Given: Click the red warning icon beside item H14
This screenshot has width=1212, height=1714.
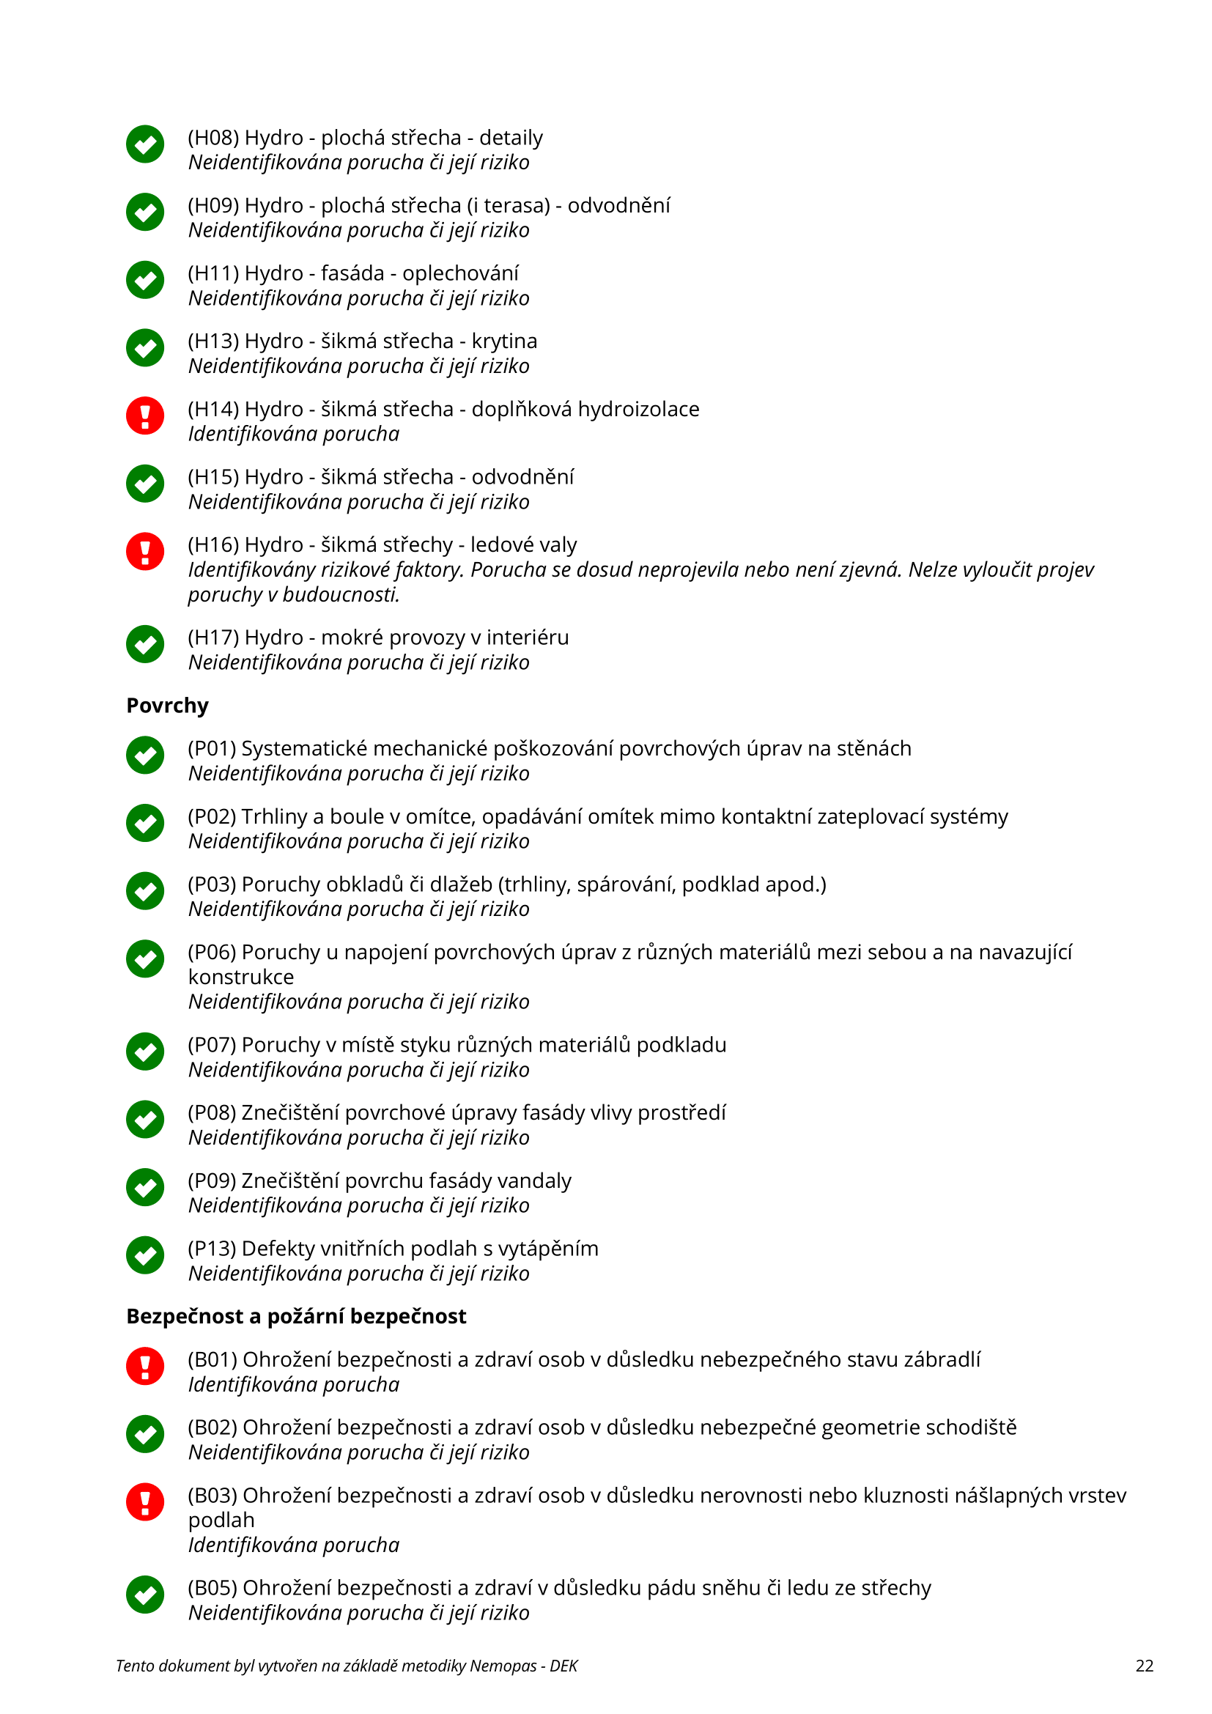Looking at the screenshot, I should pos(145,415).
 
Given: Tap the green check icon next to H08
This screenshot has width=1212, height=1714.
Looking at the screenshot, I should pos(145,144).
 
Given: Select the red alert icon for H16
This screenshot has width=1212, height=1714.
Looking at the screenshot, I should pos(145,551).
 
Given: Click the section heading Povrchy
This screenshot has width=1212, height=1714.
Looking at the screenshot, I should pos(167,706).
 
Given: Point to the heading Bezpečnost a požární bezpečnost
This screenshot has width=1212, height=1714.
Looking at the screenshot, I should pos(295,1316).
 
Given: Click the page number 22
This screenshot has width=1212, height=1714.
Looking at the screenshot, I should pos(1144,1666).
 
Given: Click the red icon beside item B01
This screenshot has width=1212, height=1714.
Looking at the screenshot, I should pos(145,1365).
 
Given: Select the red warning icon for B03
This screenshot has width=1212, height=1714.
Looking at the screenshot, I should pos(145,1501).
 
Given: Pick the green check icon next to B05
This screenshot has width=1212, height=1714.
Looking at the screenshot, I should pos(145,1594).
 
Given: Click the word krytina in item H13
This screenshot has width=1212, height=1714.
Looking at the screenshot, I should pos(503,341).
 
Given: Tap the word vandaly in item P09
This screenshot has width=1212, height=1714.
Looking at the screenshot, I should pos(533,1181).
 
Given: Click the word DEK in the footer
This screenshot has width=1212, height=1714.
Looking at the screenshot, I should pos(563,1666).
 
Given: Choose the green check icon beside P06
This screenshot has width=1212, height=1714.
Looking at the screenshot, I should pos(145,958).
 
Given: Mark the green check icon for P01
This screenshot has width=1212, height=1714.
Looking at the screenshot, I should pos(145,755).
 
